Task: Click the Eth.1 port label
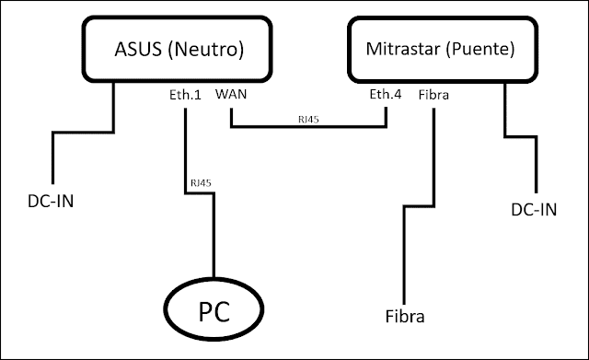coord(186,94)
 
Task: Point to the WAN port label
coord(230,94)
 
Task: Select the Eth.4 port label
coord(385,94)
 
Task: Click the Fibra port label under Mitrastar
coord(433,94)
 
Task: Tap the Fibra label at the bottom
coord(405,318)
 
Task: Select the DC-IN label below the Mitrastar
coord(533,210)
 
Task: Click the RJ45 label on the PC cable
coord(200,183)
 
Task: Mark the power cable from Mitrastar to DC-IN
coord(521,138)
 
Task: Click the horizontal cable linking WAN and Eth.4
coord(308,127)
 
